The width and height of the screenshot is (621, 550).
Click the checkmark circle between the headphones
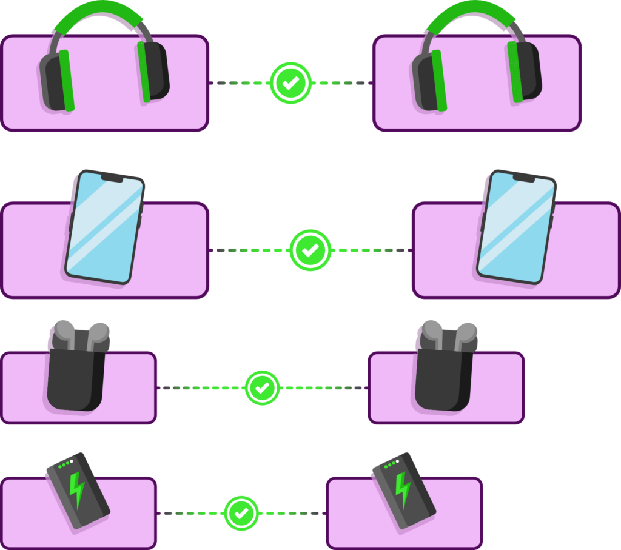290,83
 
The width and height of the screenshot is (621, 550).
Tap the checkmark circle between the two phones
310,250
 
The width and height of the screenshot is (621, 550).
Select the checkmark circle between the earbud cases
262,387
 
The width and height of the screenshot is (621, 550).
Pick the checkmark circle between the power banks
241,513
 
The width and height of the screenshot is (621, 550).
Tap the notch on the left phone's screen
112,178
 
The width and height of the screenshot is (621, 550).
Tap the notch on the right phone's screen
524,178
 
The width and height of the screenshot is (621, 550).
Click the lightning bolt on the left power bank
77,489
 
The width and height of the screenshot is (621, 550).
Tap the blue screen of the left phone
104,227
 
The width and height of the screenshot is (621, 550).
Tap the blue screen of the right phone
517,227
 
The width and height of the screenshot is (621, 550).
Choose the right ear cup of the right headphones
526,71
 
